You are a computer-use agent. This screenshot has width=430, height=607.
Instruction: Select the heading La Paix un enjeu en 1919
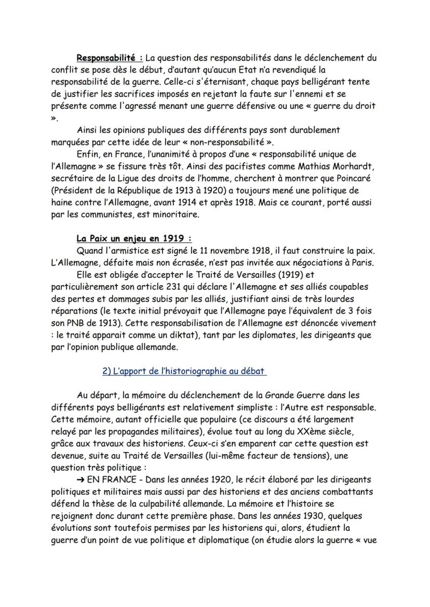point(133,238)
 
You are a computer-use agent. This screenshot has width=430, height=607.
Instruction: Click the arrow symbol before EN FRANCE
point(80,479)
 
